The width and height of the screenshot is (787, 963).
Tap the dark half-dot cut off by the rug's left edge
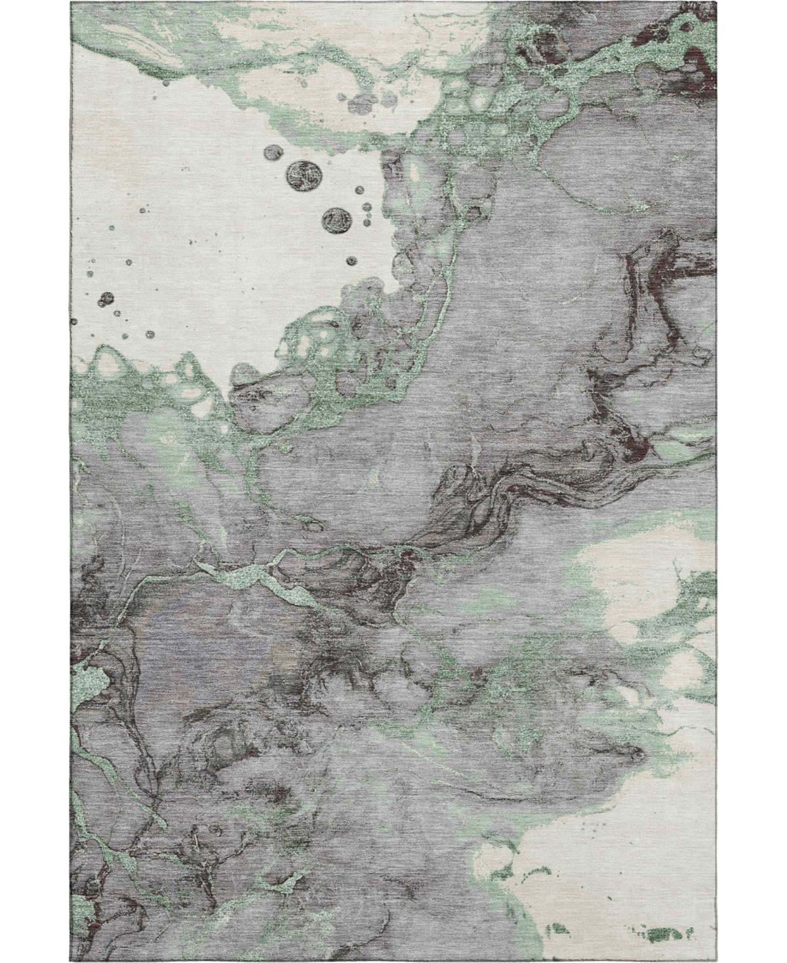click(73, 322)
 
